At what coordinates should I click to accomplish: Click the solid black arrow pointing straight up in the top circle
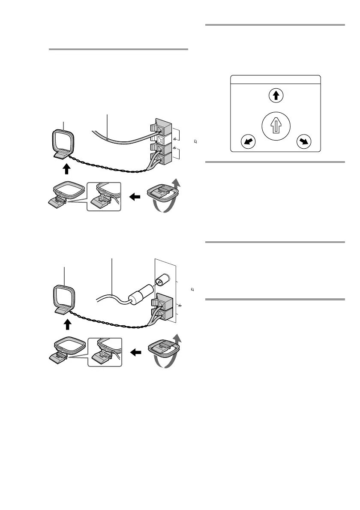(x=276, y=96)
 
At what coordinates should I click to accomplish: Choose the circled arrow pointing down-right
(x=303, y=142)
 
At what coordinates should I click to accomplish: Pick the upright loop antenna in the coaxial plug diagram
(x=63, y=302)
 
